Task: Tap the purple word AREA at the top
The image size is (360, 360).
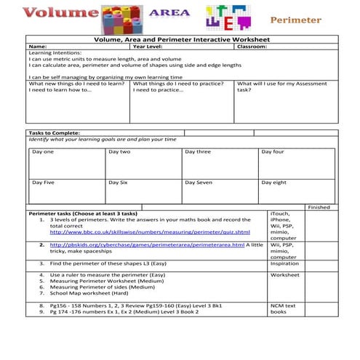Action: point(169,12)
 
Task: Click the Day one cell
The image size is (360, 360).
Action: point(43,151)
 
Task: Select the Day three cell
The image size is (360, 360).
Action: point(198,151)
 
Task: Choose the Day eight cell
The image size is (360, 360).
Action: point(274,182)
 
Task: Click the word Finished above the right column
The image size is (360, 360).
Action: point(319,207)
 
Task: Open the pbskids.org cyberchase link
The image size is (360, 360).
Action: point(143,245)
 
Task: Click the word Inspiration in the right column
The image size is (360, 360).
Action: point(284,263)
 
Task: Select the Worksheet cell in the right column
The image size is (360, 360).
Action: point(284,276)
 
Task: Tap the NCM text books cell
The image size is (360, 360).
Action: point(283,308)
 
